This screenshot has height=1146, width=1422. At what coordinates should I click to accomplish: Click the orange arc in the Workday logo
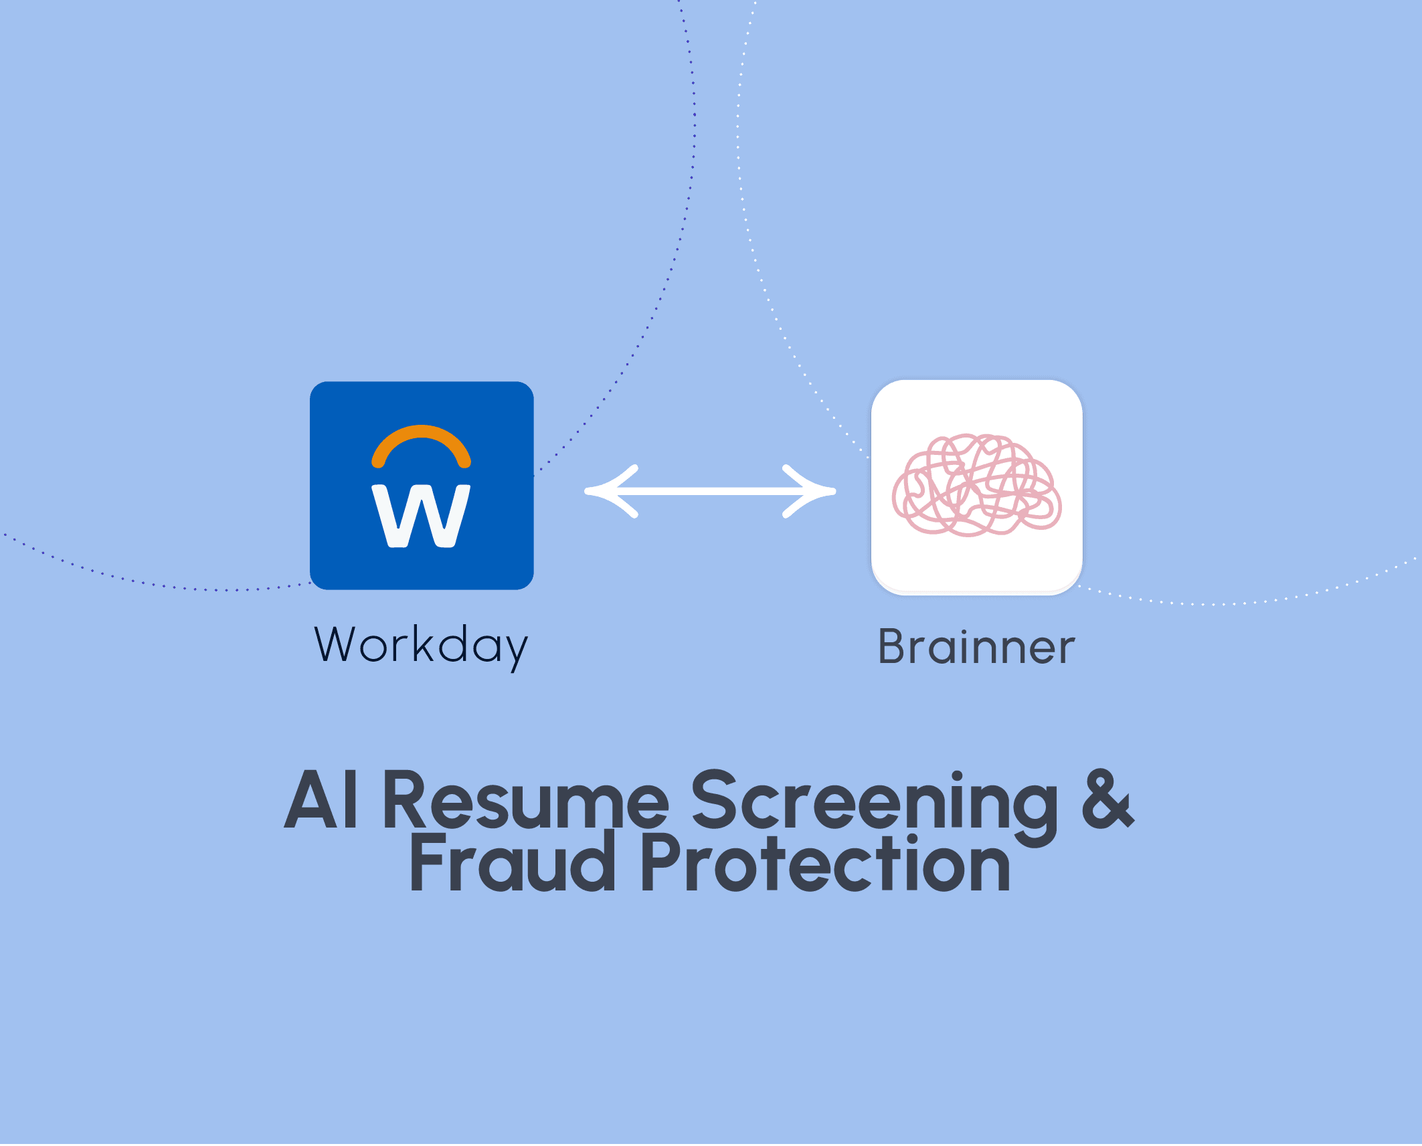coord(421,434)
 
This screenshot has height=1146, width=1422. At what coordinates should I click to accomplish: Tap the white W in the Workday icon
coord(421,515)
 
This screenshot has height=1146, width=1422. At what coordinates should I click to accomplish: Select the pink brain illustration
coord(976,485)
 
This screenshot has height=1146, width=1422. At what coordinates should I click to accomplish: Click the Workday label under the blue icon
coord(421,645)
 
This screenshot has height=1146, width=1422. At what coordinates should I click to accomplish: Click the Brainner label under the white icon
coord(976,647)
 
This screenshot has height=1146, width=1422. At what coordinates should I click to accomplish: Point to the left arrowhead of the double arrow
coord(606,491)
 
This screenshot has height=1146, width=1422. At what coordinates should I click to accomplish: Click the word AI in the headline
coord(321,800)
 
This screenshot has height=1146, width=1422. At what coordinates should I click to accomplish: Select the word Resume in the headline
coord(525,800)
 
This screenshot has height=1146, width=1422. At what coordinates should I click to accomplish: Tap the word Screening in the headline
coord(873,803)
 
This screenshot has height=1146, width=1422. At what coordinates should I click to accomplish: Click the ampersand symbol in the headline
coord(1107,799)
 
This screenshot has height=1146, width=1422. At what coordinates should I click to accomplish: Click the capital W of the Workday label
coord(336,644)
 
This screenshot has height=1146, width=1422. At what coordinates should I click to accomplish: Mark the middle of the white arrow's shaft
coord(710,491)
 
